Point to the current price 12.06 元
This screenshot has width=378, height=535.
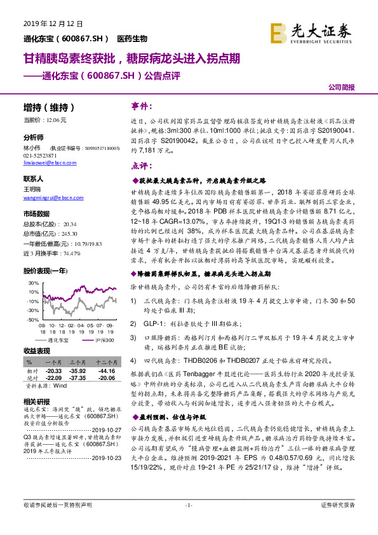[44, 119]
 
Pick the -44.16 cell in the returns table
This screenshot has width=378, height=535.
[106, 370]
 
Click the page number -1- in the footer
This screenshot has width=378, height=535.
[188, 522]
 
